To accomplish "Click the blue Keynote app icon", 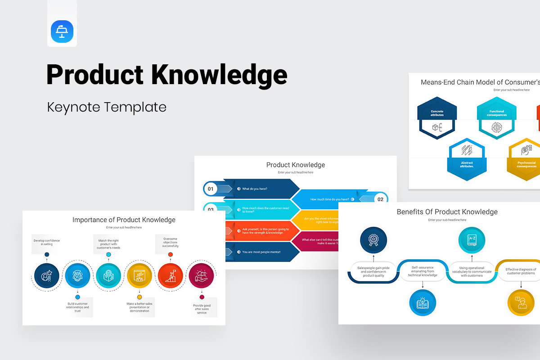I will [x=62, y=32].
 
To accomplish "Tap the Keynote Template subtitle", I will [x=107, y=107].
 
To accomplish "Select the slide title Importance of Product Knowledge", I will [x=124, y=220].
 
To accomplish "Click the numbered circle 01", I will [x=210, y=189].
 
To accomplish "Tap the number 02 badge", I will [x=380, y=199].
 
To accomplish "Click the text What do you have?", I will [x=255, y=189].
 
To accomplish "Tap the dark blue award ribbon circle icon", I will [x=373, y=239].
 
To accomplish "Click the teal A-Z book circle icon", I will [x=472, y=240].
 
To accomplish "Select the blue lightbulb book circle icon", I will [x=423, y=302].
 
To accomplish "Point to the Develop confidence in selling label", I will [x=46, y=242].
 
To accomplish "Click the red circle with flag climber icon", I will [x=171, y=276].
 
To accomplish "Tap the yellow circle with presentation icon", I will [x=139, y=276].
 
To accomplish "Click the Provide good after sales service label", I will [x=202, y=309].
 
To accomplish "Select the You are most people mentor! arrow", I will [x=261, y=252].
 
